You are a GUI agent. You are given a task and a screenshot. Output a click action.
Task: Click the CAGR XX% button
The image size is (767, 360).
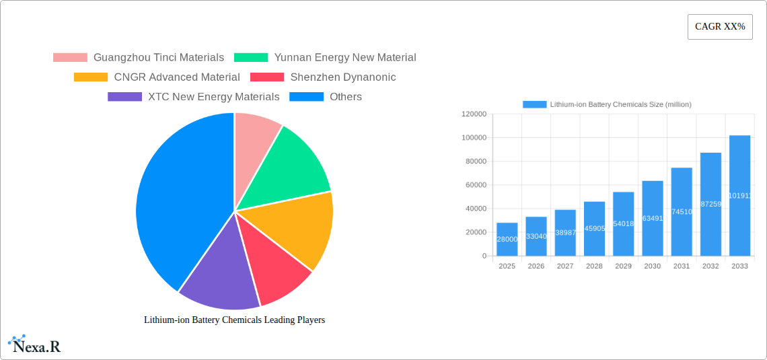coord(720,27)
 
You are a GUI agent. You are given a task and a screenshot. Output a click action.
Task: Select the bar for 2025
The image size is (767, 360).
coord(507,239)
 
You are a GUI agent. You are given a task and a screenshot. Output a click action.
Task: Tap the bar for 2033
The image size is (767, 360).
coord(739,195)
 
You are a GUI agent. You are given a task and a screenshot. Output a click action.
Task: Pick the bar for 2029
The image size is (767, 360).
coord(623,223)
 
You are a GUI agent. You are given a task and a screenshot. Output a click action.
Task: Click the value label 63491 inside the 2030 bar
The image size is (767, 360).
coord(653,218)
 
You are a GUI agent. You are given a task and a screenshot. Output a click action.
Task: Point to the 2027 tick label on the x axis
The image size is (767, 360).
coord(565,266)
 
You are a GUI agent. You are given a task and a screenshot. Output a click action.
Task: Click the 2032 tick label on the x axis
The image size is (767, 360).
coord(710,266)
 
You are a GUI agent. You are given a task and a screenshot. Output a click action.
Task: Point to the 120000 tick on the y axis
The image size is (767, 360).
coord(474,114)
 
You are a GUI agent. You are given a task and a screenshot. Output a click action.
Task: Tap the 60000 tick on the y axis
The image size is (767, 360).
coord(476,185)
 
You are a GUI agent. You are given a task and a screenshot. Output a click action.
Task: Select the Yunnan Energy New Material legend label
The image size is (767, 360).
coord(345,58)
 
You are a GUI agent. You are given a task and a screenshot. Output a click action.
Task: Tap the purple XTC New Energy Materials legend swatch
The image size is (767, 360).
coord(124,97)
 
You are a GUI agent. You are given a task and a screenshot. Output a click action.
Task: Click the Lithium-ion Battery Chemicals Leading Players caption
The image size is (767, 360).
coord(234,320)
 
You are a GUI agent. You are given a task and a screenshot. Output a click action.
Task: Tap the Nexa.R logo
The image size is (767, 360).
coord(34,345)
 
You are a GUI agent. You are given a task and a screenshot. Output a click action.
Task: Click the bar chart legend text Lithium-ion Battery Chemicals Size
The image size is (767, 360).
coord(620,104)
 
